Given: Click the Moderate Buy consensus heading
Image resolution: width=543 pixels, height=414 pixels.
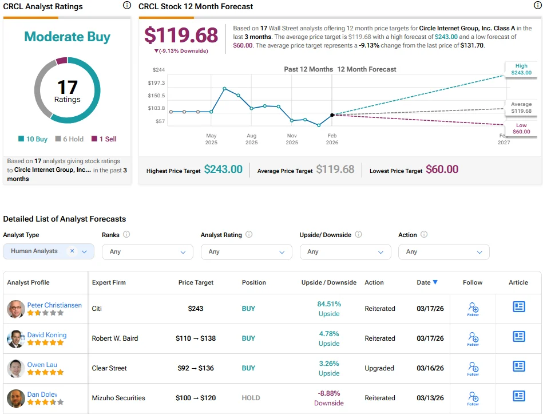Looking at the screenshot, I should (67, 37).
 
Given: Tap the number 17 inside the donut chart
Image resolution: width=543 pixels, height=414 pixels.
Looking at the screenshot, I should (67, 87).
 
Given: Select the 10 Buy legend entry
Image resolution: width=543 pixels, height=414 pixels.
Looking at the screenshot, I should (33, 139).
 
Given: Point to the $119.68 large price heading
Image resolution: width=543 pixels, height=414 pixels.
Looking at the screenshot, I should (181, 35).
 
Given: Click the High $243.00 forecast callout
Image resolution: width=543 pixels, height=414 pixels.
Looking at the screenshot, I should (521, 69).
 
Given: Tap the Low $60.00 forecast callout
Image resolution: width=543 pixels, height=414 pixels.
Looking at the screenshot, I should (521, 128).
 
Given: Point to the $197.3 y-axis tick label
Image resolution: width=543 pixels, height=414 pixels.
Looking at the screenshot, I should (156, 83).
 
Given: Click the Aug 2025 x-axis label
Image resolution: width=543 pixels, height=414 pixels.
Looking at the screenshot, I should (251, 139).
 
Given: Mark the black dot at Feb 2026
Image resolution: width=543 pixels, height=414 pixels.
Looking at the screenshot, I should (332, 115).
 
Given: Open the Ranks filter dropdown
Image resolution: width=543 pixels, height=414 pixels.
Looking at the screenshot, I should (148, 252).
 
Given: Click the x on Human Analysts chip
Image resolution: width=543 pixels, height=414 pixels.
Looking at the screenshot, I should (72, 251).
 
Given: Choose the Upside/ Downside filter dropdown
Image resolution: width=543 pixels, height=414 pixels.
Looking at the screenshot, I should (345, 252).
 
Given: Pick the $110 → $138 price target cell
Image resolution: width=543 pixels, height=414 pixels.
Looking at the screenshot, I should (196, 338).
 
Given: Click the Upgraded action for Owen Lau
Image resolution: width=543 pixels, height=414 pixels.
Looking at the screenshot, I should (379, 368).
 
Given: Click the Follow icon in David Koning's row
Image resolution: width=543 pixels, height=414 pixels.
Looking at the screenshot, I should (473, 338).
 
